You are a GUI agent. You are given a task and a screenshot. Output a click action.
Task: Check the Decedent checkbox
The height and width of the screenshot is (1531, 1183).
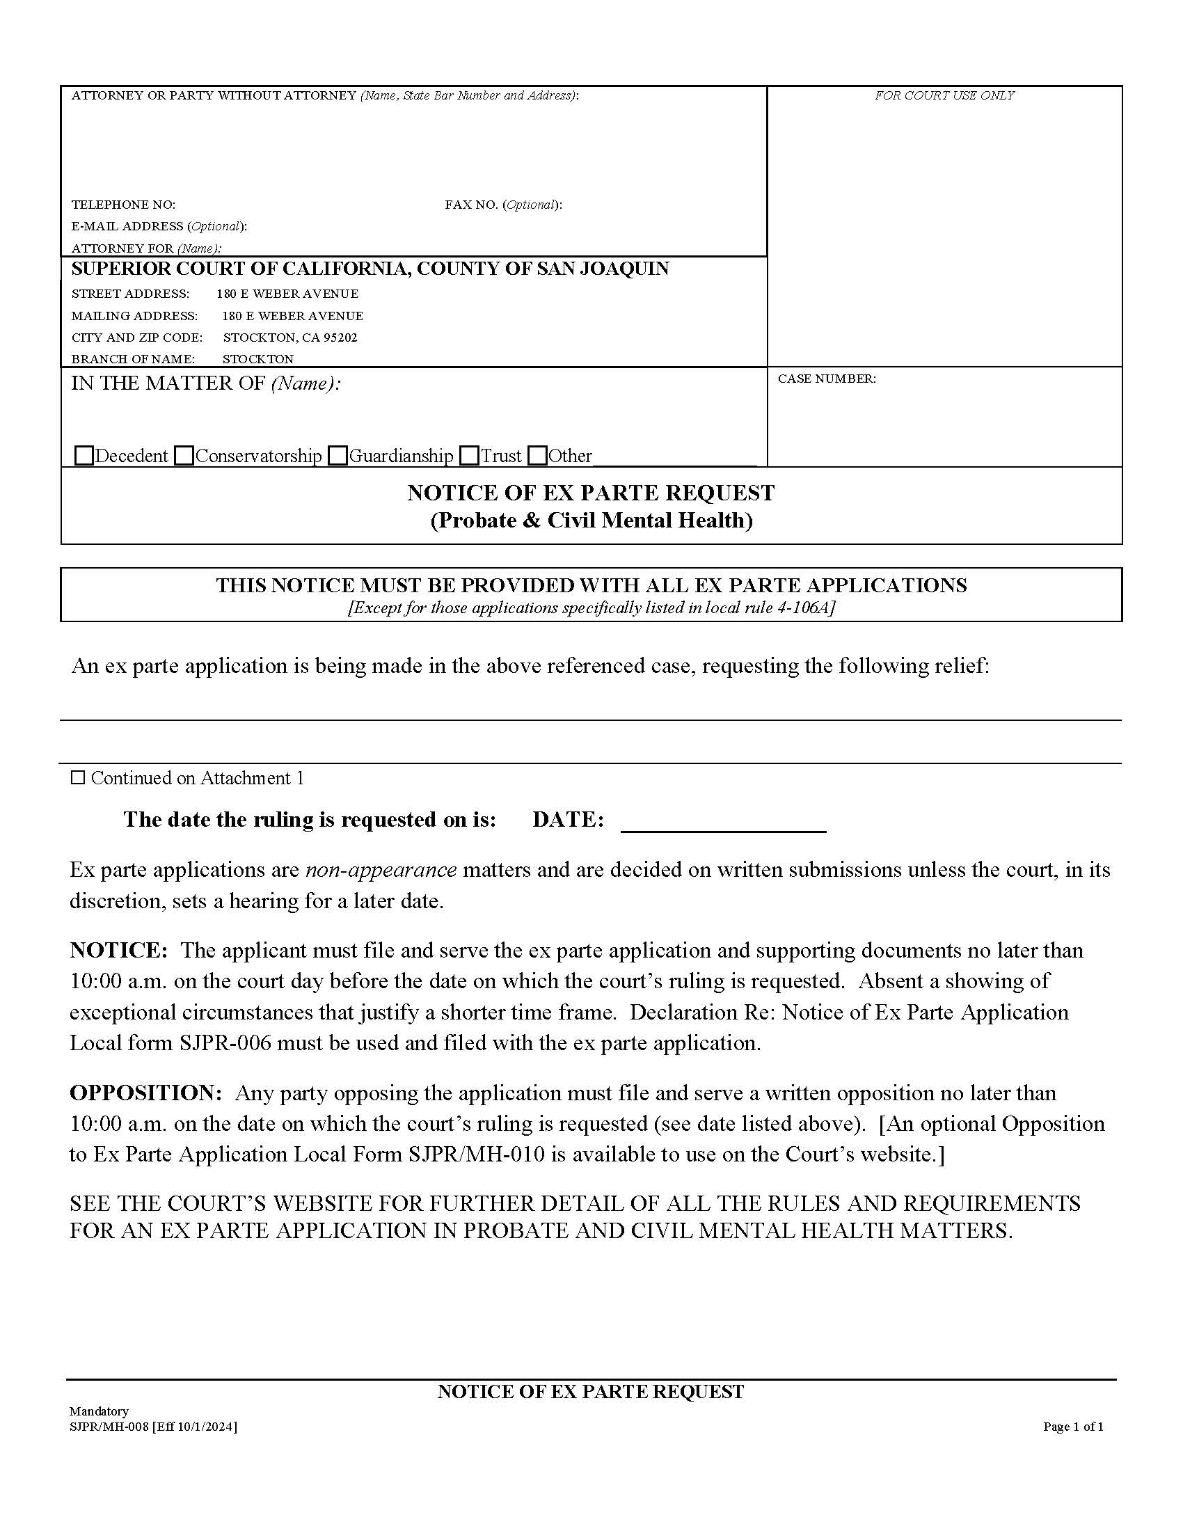84,457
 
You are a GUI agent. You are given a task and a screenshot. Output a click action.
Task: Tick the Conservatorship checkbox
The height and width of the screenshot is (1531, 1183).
184,457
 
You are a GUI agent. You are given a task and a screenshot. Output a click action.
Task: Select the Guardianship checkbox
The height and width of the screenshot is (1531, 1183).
338,457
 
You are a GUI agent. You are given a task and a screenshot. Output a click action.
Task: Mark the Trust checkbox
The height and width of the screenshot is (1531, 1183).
470,457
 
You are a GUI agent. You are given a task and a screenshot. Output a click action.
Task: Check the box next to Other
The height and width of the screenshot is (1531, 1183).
537,457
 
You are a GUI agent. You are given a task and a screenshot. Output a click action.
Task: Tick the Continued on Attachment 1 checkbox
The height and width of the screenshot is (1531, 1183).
79,778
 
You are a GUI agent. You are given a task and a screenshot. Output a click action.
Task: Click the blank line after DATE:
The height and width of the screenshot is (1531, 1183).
723,822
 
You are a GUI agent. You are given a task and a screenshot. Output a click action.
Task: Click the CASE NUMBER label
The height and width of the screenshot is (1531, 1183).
826,379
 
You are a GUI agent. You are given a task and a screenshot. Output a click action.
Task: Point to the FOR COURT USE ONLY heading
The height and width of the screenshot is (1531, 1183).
944,96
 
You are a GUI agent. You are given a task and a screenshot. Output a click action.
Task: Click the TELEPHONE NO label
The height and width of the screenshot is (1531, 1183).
123,205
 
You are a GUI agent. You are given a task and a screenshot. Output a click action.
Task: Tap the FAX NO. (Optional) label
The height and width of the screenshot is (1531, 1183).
503,205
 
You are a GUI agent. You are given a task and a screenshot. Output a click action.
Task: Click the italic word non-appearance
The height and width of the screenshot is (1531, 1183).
381,870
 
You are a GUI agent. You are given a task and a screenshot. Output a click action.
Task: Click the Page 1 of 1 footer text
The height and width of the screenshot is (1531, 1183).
1073,1427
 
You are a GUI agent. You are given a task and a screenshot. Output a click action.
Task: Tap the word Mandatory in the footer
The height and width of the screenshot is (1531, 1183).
99,1411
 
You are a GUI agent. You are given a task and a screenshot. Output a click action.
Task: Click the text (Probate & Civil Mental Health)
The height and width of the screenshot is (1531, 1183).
591,521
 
